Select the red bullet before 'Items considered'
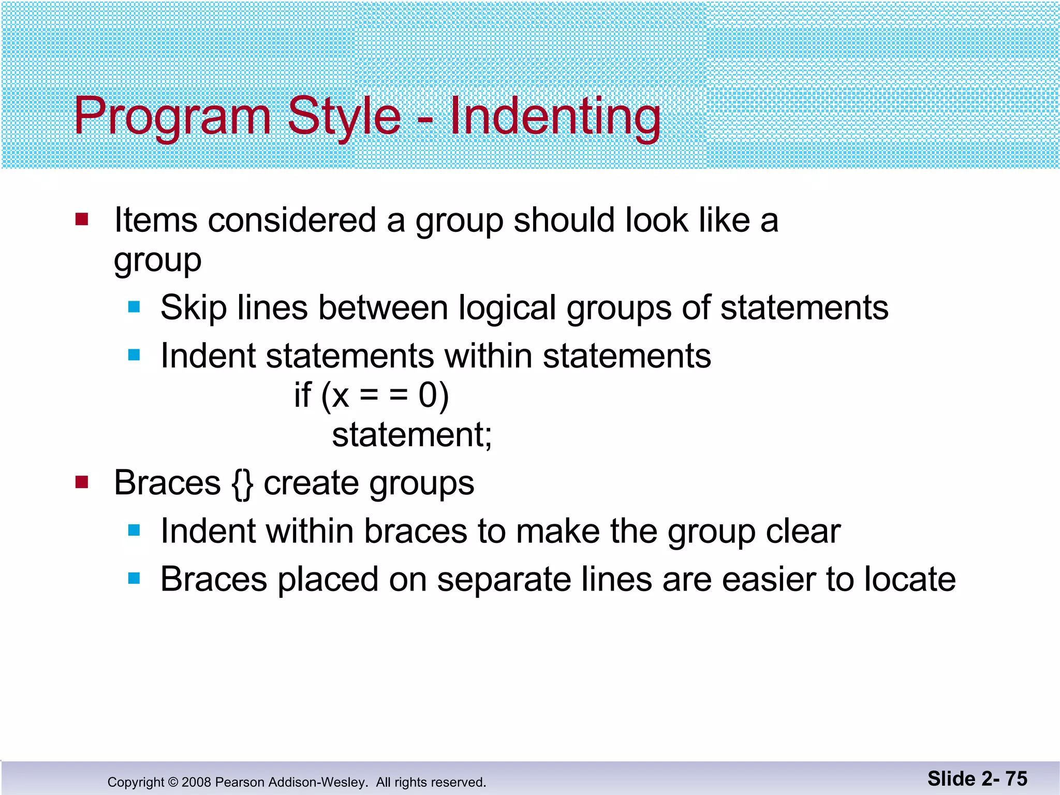pyautogui.click(x=82, y=219)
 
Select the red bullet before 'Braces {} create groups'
pyautogui.click(x=82, y=482)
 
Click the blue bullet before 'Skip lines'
pyautogui.click(x=134, y=307)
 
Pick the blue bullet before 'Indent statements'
pyautogui.click(x=134, y=355)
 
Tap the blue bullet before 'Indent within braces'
pyautogui.click(x=134, y=530)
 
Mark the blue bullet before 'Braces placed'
pyautogui.click(x=134, y=578)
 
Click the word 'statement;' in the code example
pyautogui.click(x=411, y=434)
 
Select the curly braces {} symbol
pyautogui.click(x=242, y=483)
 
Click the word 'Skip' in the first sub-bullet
pyautogui.click(x=194, y=308)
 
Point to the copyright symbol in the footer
pyautogui.click(x=173, y=782)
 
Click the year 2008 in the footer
pyautogui.click(x=196, y=782)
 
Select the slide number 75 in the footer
pyautogui.click(x=1016, y=778)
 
